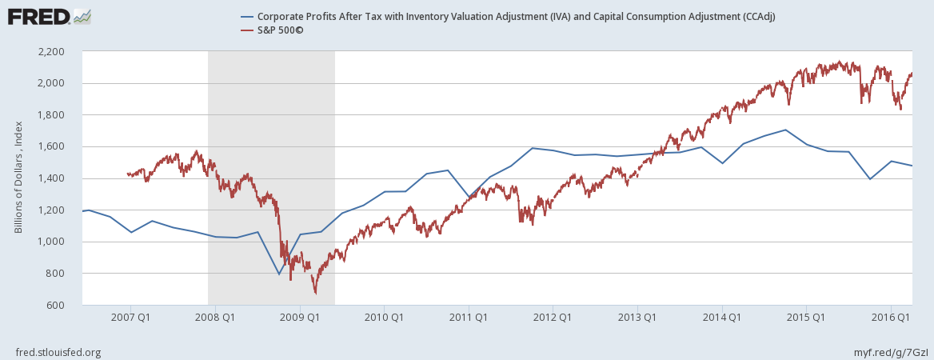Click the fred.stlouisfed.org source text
58,352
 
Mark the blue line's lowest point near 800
279,274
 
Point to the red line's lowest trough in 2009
315,294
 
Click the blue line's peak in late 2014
786,130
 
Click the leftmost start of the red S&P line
127,174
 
